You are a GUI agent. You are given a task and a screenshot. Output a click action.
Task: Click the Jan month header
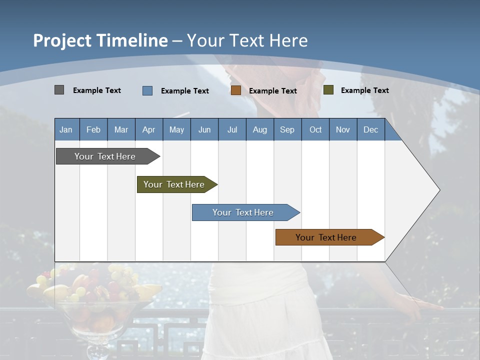pos(66,130)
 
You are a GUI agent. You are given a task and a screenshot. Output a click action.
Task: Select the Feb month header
pos(93,130)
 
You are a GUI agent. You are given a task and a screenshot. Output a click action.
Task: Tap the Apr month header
pos(148,130)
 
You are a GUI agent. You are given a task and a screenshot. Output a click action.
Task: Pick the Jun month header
pos(204,130)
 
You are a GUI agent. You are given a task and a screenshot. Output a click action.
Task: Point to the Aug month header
pos(259,130)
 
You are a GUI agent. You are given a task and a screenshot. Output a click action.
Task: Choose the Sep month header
pos(287,130)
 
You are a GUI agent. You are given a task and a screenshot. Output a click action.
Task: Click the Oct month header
pos(315,130)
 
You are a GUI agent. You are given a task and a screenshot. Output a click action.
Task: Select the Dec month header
pos(370,130)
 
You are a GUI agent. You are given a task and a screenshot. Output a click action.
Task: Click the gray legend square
pos(59,90)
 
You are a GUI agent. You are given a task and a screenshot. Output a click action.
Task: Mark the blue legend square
pos(147,90)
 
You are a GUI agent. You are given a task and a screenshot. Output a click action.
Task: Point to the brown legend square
pos(236,90)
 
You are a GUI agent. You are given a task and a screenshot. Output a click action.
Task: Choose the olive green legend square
pos(328,90)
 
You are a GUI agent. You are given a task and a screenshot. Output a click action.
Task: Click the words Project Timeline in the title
pos(100,40)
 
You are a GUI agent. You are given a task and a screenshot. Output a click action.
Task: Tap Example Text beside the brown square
pos(272,91)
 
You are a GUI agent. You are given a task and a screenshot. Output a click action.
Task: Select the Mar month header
pos(121,130)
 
